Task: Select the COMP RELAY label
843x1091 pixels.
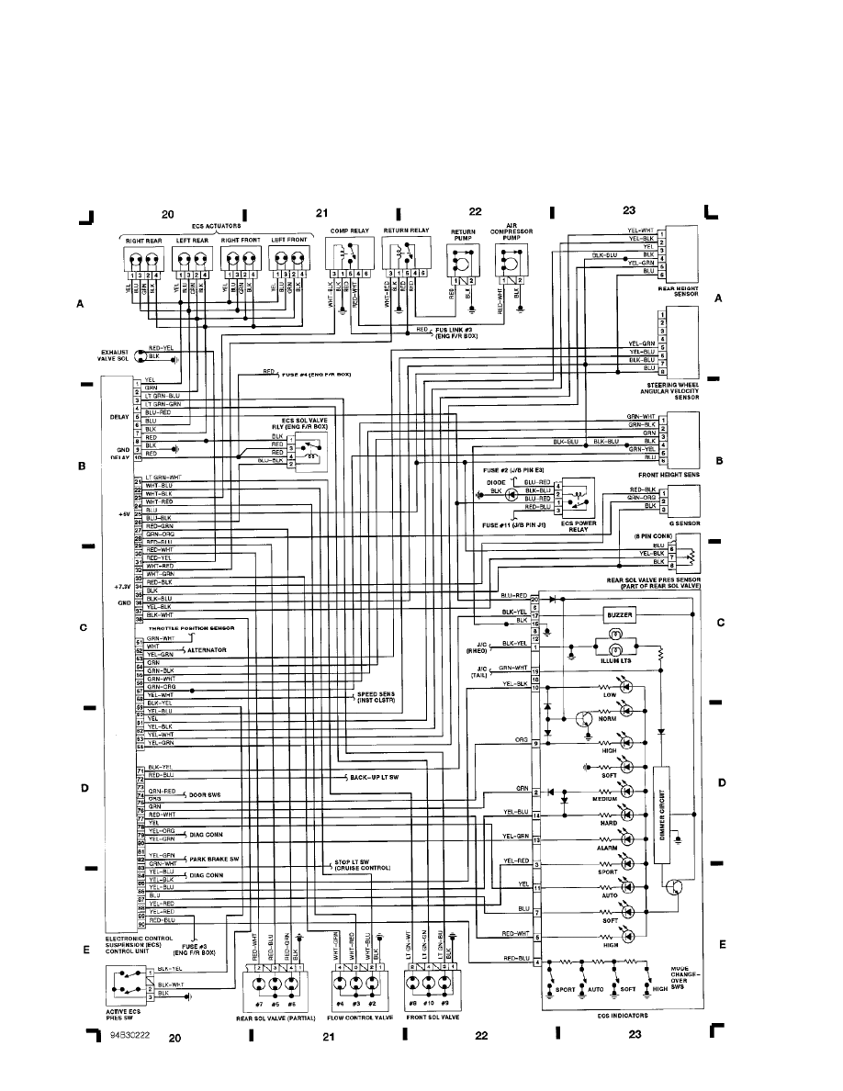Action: [345, 230]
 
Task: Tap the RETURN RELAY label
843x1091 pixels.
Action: [406, 230]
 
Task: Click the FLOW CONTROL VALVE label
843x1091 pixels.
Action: [356, 1017]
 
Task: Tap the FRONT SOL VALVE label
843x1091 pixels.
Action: [432, 1017]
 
